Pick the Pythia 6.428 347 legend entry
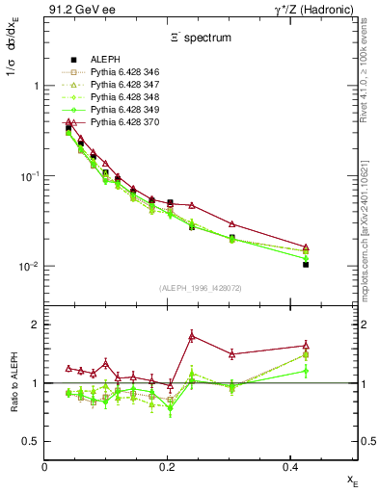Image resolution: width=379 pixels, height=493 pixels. pyautogui.click(x=117, y=85)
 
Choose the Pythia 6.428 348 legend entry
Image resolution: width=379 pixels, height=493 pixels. pyautogui.click(x=117, y=97)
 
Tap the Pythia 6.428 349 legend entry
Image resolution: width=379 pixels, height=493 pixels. pyautogui.click(x=117, y=110)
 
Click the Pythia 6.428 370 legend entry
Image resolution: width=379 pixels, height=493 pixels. pyautogui.click(x=117, y=123)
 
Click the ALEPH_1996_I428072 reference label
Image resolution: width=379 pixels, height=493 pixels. pyautogui.click(x=201, y=288)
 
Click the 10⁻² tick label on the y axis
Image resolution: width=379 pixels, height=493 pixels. pyautogui.click(x=27, y=267)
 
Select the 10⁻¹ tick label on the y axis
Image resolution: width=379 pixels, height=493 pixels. pyautogui.click(x=27, y=176)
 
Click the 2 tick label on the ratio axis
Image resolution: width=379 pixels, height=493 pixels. pyautogui.click(x=35, y=324)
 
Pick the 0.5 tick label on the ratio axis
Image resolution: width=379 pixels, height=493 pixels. pyautogui.click(x=31, y=442)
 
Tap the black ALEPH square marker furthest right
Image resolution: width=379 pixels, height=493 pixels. pyautogui.click(x=306, y=263)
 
